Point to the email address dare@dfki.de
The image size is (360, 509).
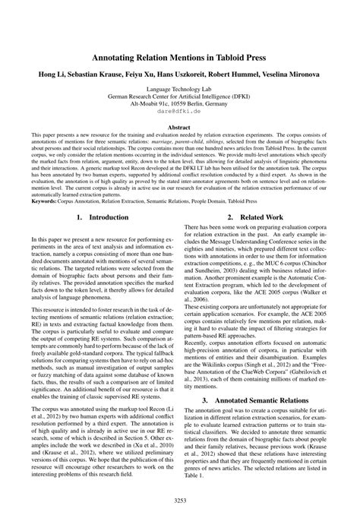tap(180, 110)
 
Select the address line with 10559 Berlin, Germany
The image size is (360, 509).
tap(180, 100)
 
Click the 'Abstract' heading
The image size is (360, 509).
tap(180, 128)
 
